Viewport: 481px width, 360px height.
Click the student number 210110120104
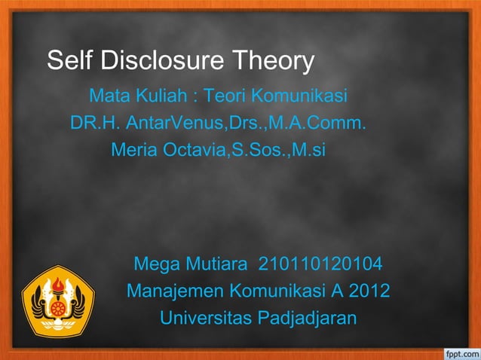pyautogui.click(x=320, y=265)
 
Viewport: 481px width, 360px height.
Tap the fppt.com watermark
pyautogui.click(x=458, y=352)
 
